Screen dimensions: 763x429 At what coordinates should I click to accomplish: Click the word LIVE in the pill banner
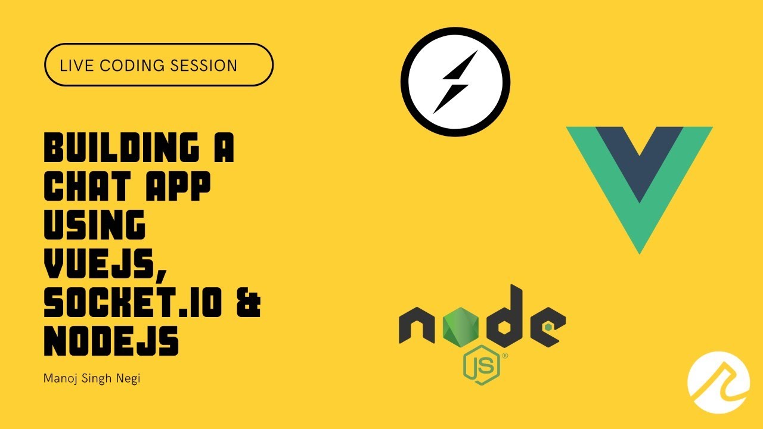tap(76, 66)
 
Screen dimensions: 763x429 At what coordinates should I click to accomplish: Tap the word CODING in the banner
tap(132, 66)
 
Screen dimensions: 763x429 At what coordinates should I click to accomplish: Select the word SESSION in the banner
tap(203, 66)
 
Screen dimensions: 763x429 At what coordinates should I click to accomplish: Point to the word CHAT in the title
tap(88, 186)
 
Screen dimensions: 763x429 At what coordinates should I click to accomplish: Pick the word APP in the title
tap(178, 186)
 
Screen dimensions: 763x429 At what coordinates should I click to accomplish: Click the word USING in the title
tap(95, 225)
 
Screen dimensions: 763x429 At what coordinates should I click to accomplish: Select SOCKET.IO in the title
tap(133, 302)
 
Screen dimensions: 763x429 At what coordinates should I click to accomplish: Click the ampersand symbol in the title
tap(249, 302)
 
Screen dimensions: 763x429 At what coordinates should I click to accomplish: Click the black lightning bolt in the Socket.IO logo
tap(455, 82)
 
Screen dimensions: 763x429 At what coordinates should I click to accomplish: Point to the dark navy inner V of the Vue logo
tap(640, 157)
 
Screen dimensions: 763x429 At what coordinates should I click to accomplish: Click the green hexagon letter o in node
tap(461, 326)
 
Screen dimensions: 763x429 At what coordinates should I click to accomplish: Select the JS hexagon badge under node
tap(481, 365)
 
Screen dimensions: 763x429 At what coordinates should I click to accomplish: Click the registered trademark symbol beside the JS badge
tap(505, 356)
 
